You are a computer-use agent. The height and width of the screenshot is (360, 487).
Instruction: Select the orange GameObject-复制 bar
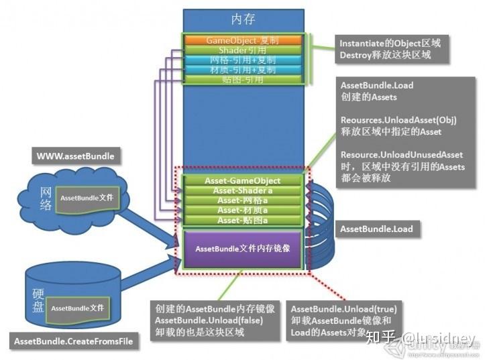click(x=242, y=40)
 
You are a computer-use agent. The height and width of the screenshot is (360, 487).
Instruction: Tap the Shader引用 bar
click(x=242, y=50)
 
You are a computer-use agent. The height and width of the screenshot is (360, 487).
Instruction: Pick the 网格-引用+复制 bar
click(x=242, y=60)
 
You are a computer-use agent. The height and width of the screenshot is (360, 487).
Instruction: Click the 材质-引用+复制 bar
click(x=242, y=70)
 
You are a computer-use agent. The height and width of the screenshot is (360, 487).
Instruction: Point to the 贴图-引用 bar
click(x=242, y=80)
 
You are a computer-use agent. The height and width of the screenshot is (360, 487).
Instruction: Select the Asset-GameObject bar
click(x=242, y=180)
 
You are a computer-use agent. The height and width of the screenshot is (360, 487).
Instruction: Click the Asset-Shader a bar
click(x=242, y=190)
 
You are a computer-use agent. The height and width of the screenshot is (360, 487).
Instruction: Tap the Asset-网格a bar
click(x=242, y=200)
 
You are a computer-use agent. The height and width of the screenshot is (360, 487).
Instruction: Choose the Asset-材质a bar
click(x=242, y=211)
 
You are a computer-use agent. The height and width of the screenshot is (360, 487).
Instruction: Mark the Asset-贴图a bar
click(x=242, y=220)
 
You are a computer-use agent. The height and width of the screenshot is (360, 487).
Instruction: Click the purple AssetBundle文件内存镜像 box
click(x=242, y=249)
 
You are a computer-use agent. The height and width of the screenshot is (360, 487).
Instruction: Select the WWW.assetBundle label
click(x=75, y=157)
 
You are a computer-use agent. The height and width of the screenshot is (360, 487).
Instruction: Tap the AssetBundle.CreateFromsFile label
click(x=74, y=341)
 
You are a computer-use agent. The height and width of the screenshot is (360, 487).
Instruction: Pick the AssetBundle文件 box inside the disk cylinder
click(x=78, y=308)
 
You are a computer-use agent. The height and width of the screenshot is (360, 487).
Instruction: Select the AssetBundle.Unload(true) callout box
click(x=344, y=318)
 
